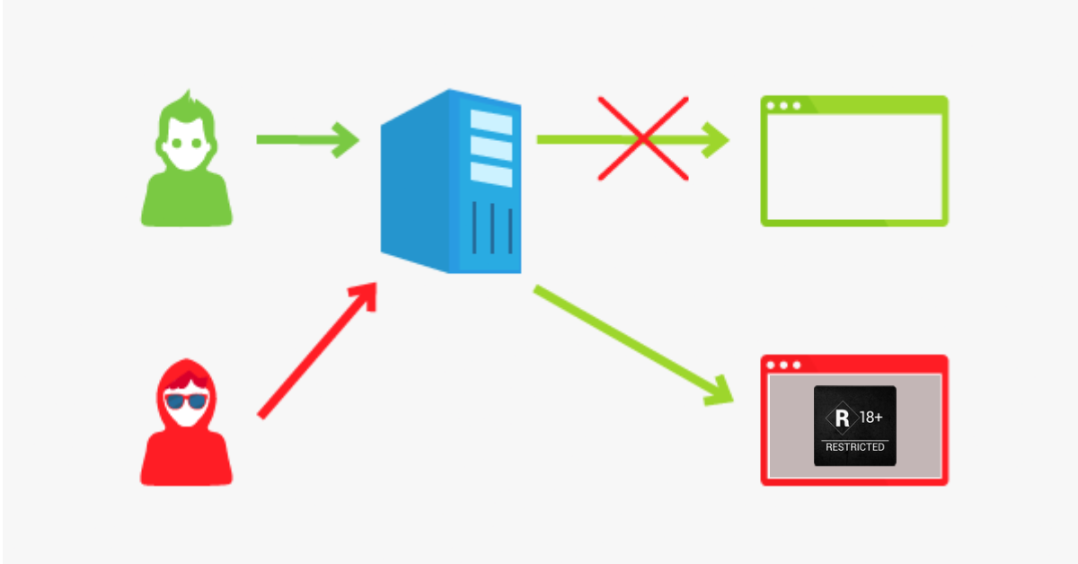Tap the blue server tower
(x=451, y=181)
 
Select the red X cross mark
(x=643, y=138)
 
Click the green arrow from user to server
(x=308, y=140)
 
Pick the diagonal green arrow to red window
(x=633, y=345)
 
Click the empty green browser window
(x=854, y=105)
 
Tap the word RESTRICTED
(x=854, y=447)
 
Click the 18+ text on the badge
(x=871, y=417)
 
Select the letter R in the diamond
(x=843, y=419)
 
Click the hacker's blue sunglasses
(x=186, y=401)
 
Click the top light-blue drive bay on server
(x=490, y=122)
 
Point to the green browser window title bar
(x=854, y=105)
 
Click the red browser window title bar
(x=854, y=365)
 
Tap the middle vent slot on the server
(x=492, y=228)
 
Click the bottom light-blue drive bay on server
(x=490, y=174)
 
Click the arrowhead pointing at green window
(x=715, y=140)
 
